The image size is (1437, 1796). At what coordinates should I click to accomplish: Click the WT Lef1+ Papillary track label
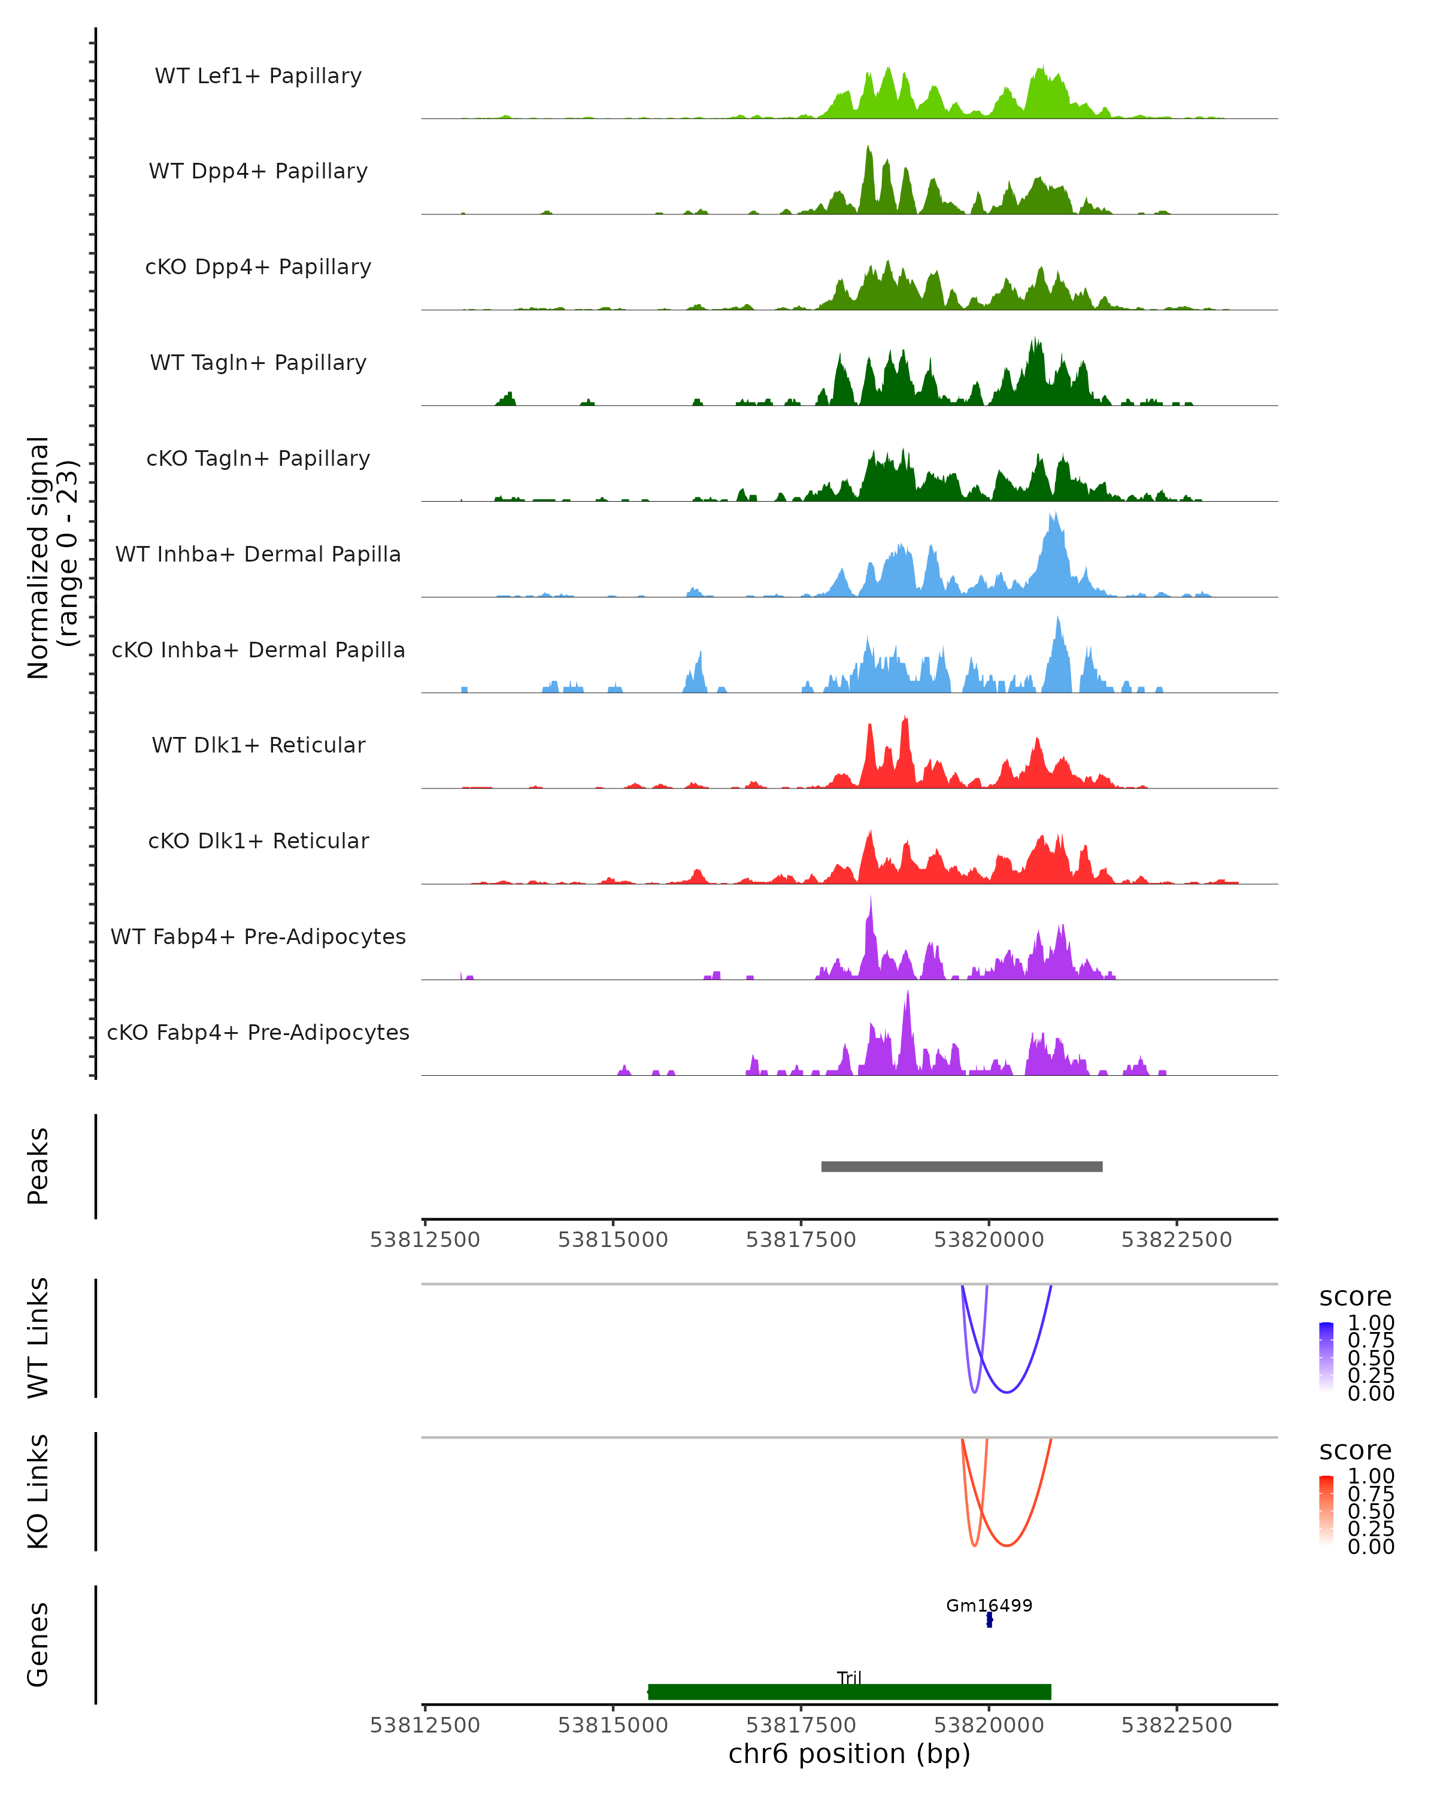258,76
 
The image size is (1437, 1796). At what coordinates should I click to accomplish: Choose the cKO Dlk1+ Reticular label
258,841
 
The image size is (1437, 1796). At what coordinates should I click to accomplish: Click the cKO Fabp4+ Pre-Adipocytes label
258,1032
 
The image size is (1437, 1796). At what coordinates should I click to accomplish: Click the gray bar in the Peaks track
962,1166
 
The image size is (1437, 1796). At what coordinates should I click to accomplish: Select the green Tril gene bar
849,1691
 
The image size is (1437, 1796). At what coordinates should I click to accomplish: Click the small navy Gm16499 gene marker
989,1619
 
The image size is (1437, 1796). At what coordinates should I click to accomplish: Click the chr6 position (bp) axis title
849,1753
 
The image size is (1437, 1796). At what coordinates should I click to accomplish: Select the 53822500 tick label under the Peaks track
1177,1240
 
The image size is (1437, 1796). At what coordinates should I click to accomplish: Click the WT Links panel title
38,1338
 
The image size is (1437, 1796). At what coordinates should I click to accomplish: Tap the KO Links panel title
38,1491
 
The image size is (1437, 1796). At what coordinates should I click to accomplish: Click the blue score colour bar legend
1326,1357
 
